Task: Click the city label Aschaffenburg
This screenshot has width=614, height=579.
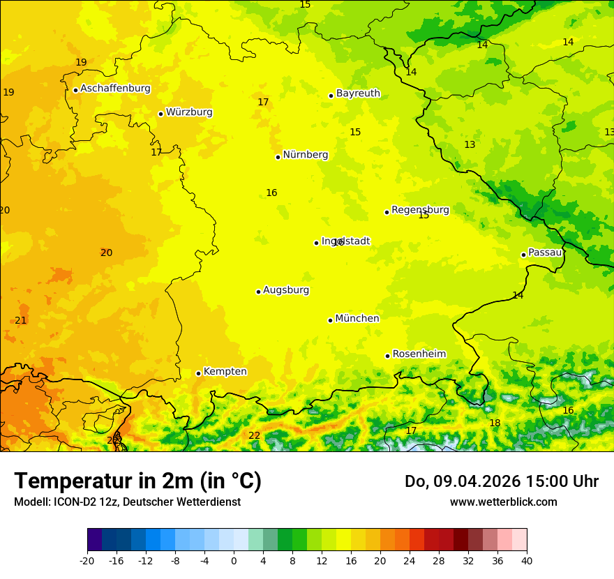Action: tap(115, 89)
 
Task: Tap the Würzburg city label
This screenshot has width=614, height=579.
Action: tap(189, 112)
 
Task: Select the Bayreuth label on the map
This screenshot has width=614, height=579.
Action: tap(358, 93)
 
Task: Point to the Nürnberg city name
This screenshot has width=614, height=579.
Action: tap(305, 155)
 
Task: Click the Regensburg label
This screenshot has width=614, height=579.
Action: tap(420, 210)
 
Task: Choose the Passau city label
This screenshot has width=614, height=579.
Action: tap(545, 253)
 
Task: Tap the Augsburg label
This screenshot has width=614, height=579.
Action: tap(286, 290)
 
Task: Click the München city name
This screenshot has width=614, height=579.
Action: tap(357, 319)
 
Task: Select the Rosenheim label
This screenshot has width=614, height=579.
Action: tap(419, 354)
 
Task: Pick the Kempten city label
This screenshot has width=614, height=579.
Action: tap(225, 372)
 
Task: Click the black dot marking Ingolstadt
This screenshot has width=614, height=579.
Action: tap(316, 243)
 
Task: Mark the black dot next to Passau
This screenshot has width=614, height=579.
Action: tap(523, 255)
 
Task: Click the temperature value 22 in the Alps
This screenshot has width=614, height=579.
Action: tap(254, 435)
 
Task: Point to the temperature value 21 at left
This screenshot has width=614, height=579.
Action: tap(20, 320)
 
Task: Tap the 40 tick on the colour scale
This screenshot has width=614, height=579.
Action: tap(527, 560)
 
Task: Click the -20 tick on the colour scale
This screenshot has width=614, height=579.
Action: tap(87, 560)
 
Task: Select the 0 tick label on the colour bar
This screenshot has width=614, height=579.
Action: tap(234, 560)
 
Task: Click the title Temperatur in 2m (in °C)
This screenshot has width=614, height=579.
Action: tap(137, 481)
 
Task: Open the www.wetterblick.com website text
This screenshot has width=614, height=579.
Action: tap(503, 502)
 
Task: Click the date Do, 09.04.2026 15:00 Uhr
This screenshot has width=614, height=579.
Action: tap(501, 481)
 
